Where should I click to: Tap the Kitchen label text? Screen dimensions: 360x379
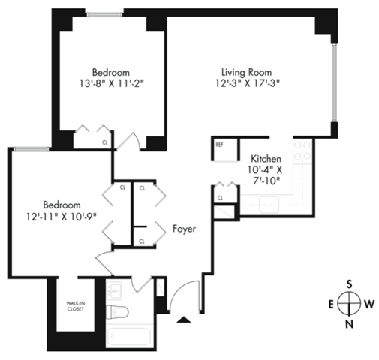tap(266, 159)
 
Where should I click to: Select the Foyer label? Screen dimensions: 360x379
tap(185, 229)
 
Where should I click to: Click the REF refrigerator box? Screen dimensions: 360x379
tap(220, 145)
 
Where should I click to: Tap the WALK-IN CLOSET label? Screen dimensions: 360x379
tap(75, 306)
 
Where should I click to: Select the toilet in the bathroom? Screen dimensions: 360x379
tap(118, 313)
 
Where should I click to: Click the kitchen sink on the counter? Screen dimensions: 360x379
tap(269, 202)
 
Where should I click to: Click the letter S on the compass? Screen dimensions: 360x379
tap(349, 283)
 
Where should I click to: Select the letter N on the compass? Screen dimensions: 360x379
tap(349, 324)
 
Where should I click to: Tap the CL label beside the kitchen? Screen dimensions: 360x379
tap(220, 197)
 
